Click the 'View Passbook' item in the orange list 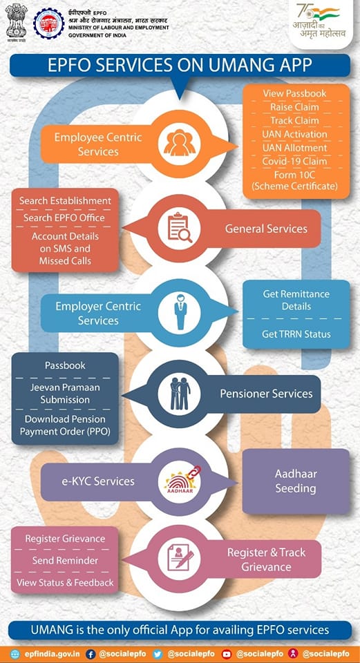294,93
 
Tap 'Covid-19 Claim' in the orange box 294,161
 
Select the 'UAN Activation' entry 294,134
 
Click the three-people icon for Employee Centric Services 180,144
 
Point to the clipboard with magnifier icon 180,227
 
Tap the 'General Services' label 266,229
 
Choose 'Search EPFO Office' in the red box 64,218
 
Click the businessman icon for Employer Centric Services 180,312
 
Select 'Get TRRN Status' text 296,334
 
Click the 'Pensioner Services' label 266,394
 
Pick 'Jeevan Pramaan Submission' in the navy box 65,393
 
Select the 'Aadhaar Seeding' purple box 296,481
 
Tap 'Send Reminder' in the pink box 65,560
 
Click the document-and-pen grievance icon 180,559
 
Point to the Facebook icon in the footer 91,654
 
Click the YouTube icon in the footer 227,654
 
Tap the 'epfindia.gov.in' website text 52,654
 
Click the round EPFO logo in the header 49,23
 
